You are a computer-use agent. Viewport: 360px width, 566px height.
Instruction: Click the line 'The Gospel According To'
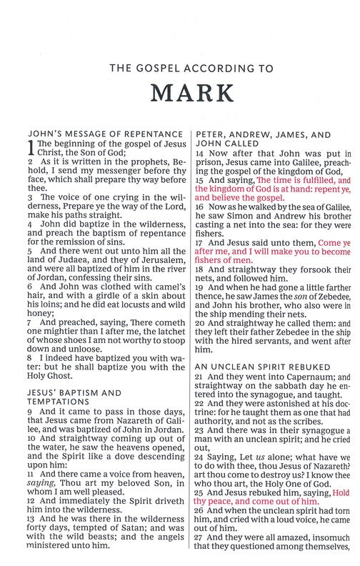179,69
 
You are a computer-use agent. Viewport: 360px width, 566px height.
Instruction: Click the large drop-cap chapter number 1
29,147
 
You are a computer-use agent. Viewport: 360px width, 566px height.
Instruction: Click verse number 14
199,153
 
